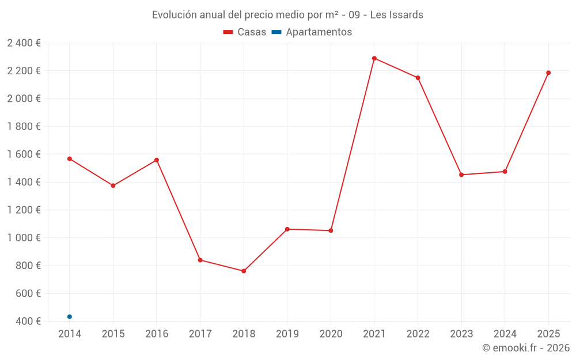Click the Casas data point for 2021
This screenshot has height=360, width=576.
click(374, 58)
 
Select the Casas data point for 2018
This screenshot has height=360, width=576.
click(244, 271)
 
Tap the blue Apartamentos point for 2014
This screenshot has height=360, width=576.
click(70, 317)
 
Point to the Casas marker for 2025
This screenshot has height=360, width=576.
click(548, 73)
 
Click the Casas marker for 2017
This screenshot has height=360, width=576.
click(200, 260)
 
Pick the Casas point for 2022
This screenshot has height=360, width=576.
click(418, 78)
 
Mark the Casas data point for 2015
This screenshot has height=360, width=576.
click(113, 185)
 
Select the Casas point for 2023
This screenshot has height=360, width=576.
click(461, 175)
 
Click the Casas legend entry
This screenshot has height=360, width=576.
click(245, 32)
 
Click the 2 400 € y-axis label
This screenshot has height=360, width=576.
click(24, 43)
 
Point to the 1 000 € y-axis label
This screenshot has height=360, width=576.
click(24, 238)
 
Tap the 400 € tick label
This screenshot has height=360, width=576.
click(28, 321)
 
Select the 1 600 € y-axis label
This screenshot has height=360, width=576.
click(24, 154)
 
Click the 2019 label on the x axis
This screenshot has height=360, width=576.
click(287, 334)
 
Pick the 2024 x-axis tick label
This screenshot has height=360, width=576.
click(505, 334)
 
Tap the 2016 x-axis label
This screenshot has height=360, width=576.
click(157, 334)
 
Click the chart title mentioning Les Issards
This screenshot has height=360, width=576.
click(287, 15)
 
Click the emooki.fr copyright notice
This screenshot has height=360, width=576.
click(525, 348)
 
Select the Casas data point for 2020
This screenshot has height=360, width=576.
click(331, 230)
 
